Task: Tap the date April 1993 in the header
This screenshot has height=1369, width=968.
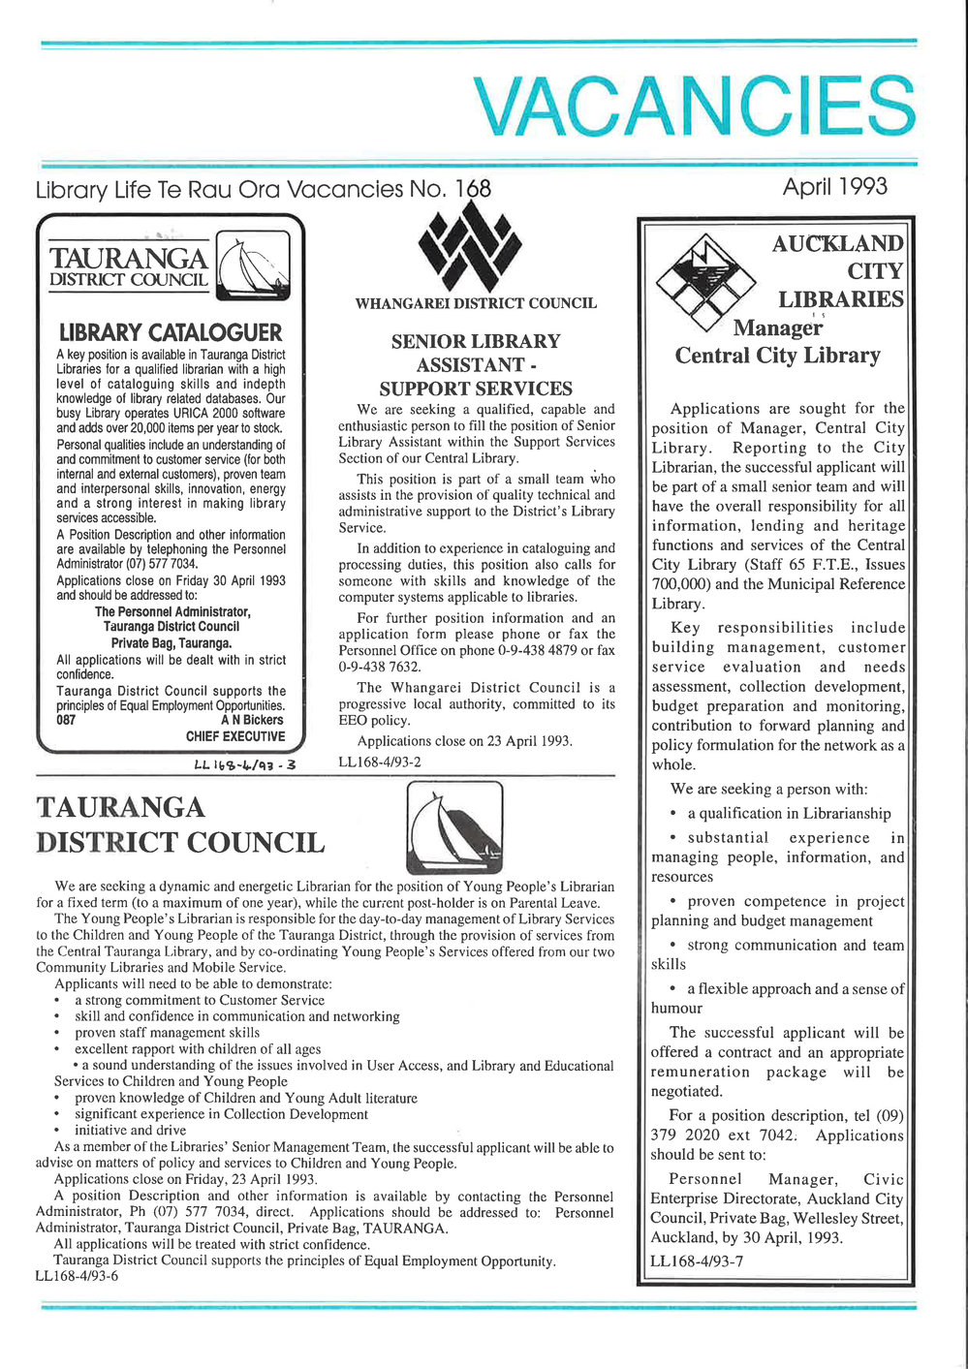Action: click(x=834, y=186)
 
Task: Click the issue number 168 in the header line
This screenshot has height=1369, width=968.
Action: click(x=472, y=188)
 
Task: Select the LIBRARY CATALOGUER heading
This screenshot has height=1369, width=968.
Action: click(x=170, y=332)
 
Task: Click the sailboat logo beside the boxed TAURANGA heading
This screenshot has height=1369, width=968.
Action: click(x=254, y=266)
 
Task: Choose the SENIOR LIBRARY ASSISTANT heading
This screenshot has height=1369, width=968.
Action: click(x=476, y=365)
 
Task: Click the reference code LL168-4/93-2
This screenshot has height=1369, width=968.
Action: click(x=380, y=762)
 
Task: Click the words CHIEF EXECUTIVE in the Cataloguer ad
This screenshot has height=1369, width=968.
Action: click(x=235, y=736)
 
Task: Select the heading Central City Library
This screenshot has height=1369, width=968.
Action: click(x=777, y=356)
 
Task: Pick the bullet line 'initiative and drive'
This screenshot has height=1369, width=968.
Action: click(x=130, y=1130)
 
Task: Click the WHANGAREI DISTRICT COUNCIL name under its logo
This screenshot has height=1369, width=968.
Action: click(x=476, y=303)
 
